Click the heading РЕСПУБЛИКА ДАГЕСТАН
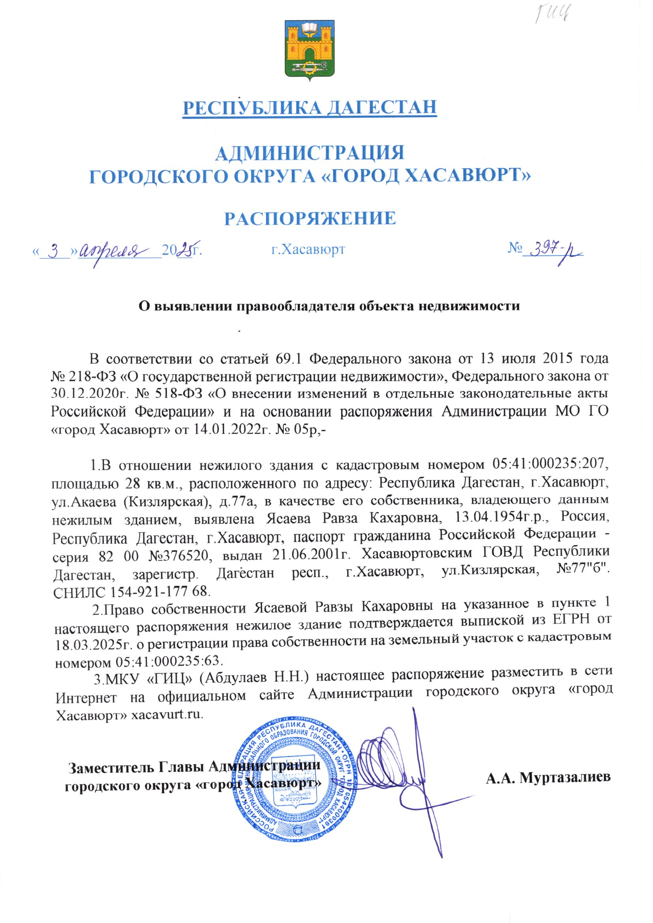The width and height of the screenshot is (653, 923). pyautogui.click(x=310, y=107)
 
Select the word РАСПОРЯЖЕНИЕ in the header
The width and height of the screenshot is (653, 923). pyautogui.click(x=310, y=218)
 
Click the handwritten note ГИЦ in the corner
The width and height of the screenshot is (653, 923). pyautogui.click(x=553, y=15)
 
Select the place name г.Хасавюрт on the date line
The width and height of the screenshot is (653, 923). pyautogui.click(x=308, y=249)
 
